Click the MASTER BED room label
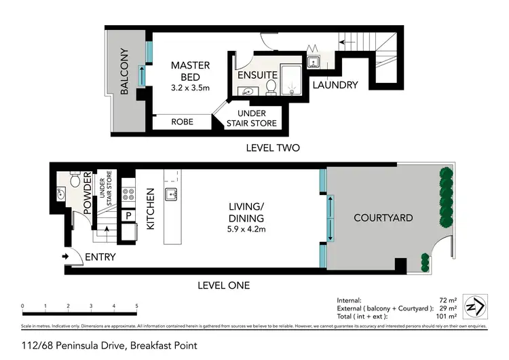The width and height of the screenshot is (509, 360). click(190, 71)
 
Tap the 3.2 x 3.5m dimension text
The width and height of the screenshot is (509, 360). click(190, 88)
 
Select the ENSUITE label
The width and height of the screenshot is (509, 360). click(257, 75)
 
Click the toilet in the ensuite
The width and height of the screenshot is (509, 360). click(271, 87)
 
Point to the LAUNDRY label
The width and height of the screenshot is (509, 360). click(334, 85)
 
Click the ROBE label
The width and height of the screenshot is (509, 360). click(183, 122)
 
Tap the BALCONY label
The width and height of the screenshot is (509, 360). click(125, 71)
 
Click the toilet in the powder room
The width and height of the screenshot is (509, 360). click(75, 179)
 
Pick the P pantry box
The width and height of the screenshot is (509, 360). click(128, 216)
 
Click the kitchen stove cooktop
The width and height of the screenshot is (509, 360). click(128, 195)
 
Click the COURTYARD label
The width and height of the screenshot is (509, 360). click(383, 218)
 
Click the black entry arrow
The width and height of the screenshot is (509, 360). click(66, 257)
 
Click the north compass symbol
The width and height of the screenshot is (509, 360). click(474, 308)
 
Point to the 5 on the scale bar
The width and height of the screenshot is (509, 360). click(136, 306)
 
